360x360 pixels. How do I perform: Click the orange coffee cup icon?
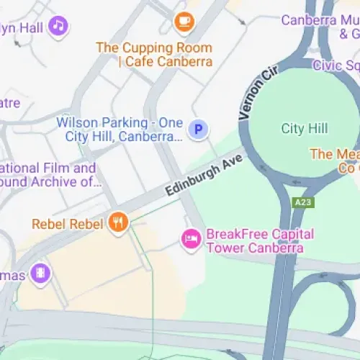point(184,22)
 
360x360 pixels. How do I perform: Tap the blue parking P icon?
point(198,130)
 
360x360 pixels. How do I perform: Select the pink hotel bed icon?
point(191,239)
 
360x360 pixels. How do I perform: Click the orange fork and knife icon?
point(118,223)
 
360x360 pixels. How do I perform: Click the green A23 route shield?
point(303,203)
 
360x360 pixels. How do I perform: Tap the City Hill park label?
point(304,129)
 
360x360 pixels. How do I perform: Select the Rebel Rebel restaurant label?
point(68,224)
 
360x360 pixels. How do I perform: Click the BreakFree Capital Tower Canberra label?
point(259,241)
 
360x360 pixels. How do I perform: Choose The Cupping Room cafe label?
point(154,55)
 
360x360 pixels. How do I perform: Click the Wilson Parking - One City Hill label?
point(119,130)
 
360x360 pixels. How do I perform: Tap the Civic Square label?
point(336,66)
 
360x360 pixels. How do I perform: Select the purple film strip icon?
point(41,274)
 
